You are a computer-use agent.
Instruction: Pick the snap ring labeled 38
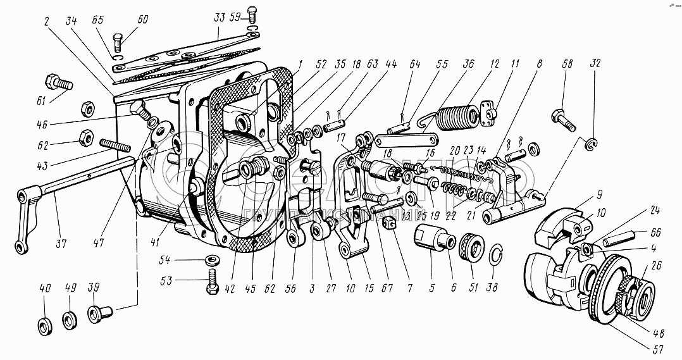point(499,255)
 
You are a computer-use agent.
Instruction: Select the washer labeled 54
point(210,260)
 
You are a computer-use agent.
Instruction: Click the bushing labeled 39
point(99,313)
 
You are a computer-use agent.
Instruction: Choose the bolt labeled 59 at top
point(253,15)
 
